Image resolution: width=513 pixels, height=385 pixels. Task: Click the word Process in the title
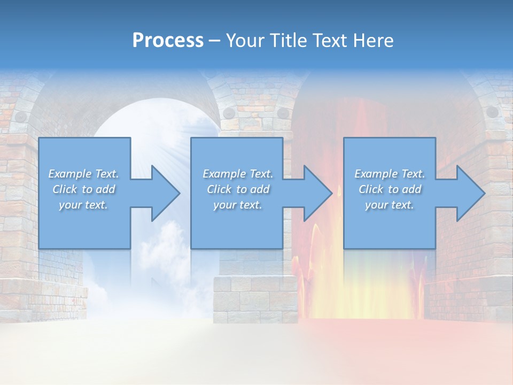(x=168, y=41)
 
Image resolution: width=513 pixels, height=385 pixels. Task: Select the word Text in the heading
(x=332, y=41)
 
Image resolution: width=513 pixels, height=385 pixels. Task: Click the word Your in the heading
(x=243, y=41)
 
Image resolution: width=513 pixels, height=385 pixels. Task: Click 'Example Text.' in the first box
(x=83, y=174)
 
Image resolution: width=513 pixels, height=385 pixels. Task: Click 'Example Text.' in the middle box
(x=238, y=174)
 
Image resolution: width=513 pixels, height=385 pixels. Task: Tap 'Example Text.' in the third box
(x=390, y=174)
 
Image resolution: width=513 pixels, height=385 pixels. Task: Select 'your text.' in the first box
(x=83, y=205)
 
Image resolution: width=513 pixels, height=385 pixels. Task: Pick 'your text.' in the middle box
(x=238, y=205)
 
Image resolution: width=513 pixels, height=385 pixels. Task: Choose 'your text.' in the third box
(x=390, y=205)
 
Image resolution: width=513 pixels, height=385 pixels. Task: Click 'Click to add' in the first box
(x=83, y=189)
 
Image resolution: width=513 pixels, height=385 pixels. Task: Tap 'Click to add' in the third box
(x=390, y=189)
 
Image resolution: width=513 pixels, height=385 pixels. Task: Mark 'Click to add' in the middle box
(x=238, y=189)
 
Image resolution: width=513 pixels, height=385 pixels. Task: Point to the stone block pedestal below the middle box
(x=255, y=299)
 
